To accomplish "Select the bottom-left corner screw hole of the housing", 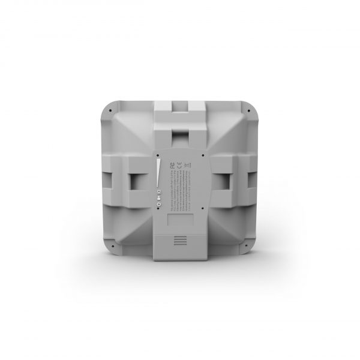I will pyautogui.click(x=112, y=245).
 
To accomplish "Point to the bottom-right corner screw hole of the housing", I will pyautogui.click(x=248, y=245).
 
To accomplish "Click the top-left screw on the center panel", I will pyautogui.click(x=158, y=154).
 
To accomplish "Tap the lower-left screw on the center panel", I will pyautogui.click(x=158, y=211).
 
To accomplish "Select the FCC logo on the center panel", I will pyautogui.click(x=172, y=163).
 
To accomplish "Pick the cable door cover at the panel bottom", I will pyautogui.click(x=180, y=237).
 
